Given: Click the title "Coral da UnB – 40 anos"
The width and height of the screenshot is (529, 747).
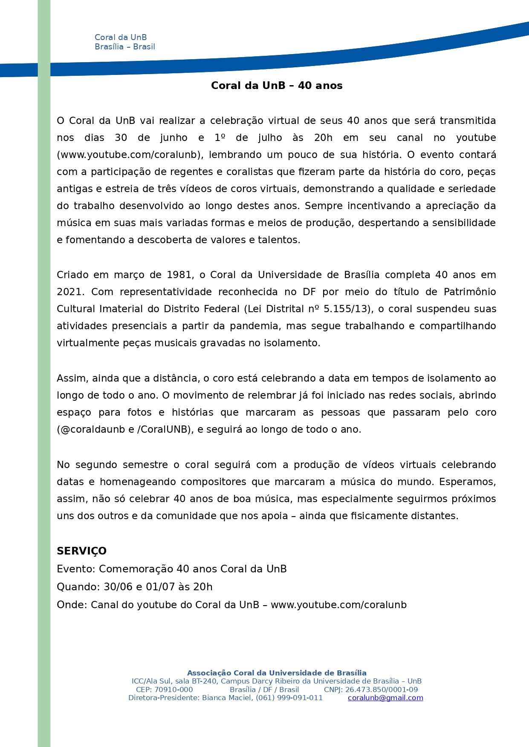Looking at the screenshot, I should (277, 86).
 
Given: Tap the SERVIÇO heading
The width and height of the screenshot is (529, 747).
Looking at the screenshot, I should (81, 551).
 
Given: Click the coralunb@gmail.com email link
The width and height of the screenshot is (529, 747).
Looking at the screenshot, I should (385, 698).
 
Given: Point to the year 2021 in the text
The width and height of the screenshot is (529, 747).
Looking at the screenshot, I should (70, 292).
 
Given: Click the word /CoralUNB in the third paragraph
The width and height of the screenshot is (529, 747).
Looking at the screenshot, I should (164, 429).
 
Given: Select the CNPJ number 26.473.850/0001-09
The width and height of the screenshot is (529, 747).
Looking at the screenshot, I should (382, 690).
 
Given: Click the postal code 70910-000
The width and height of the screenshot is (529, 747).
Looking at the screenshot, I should (173, 690).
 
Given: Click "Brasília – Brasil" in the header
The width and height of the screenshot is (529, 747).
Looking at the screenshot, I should (124, 47).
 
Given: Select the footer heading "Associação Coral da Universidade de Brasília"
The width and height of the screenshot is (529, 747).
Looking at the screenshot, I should (277, 673).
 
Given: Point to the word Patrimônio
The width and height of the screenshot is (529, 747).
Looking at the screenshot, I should (470, 292).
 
